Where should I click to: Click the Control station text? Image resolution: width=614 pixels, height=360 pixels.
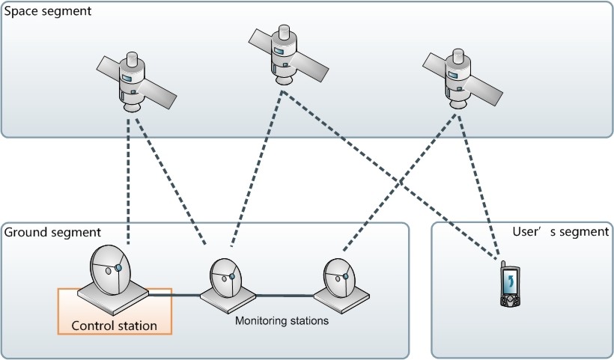point(114,326)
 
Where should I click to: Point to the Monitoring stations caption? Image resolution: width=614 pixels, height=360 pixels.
point(282,321)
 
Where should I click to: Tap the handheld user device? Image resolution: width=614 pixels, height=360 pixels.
point(510,286)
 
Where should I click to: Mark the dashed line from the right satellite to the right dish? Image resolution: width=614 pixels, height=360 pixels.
point(397,183)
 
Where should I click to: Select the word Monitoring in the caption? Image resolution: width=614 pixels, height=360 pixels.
point(260,321)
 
